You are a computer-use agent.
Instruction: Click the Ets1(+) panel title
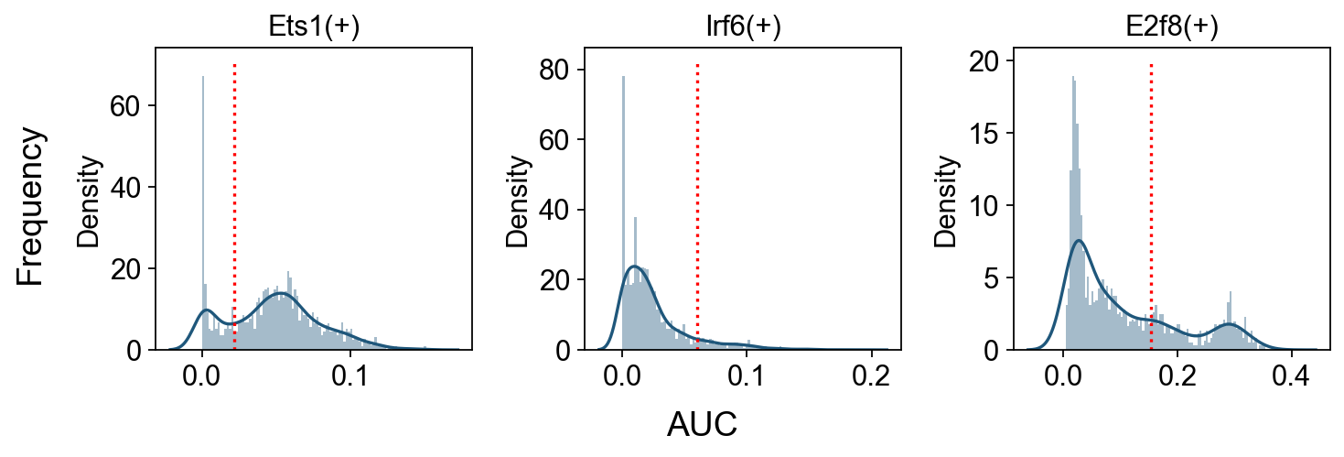coord(314,27)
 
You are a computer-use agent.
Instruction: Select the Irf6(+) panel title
coord(744,27)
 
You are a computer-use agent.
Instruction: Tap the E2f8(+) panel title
coord(1172,27)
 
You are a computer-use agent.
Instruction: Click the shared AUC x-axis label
coord(702,425)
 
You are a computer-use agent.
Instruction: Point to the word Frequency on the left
coord(30,207)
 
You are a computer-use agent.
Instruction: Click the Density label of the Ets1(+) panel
coord(89,201)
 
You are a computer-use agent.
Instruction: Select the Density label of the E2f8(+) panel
coord(946,201)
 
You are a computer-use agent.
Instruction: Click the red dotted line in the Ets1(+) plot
coord(234,206)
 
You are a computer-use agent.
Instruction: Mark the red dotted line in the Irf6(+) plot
coord(697,206)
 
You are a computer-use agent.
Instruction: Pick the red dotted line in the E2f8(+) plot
coord(1151,206)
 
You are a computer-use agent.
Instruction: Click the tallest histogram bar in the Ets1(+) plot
coord(203,212)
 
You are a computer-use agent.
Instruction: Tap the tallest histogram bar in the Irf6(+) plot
coord(623,212)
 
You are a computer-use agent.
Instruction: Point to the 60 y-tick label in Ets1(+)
coord(124,106)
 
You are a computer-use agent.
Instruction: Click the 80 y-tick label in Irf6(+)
coord(554,71)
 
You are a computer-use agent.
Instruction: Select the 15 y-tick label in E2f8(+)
coord(984,134)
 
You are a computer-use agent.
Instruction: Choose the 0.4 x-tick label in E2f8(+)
coord(1292,375)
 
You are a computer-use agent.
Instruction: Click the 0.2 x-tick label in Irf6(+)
coord(871,375)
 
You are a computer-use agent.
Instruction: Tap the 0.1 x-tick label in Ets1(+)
coord(350,375)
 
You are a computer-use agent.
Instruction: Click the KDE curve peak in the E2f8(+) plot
coord(1079,240)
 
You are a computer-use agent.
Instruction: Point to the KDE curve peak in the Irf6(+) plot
coord(634,266)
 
